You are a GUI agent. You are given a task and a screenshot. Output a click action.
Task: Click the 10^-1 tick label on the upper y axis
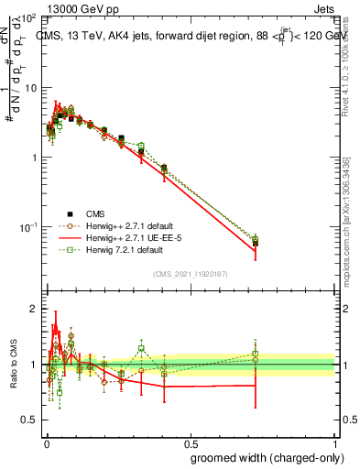click(x=28, y=226)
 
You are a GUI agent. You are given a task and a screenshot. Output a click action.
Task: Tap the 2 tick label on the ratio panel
click(x=35, y=309)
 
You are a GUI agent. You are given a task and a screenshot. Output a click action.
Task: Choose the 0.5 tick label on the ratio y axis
click(x=30, y=420)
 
